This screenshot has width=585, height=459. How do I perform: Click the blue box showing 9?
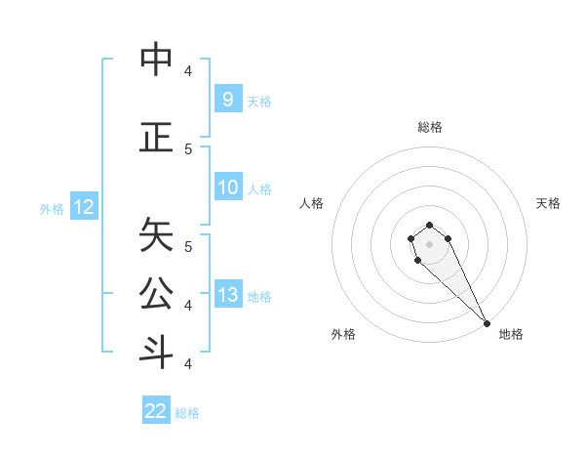point(227,99)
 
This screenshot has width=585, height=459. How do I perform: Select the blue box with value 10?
point(227,188)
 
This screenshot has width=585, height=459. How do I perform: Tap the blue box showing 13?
point(227,295)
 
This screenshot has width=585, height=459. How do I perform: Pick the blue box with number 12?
point(84,207)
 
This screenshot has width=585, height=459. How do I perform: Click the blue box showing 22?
point(156,411)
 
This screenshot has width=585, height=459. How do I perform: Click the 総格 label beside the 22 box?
point(187,413)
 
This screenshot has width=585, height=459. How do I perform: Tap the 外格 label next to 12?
point(52,208)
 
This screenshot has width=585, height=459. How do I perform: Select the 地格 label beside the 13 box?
point(259,296)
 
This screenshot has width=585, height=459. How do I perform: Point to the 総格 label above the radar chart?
point(429,127)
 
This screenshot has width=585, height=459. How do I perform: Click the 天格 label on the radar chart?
point(548,203)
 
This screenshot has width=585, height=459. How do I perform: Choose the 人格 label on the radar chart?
point(311,203)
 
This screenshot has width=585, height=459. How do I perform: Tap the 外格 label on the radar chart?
point(342,334)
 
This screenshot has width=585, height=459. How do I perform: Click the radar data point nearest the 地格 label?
point(487,323)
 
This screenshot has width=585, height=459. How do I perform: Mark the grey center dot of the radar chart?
point(429,244)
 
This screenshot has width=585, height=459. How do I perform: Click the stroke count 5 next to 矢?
point(188,247)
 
